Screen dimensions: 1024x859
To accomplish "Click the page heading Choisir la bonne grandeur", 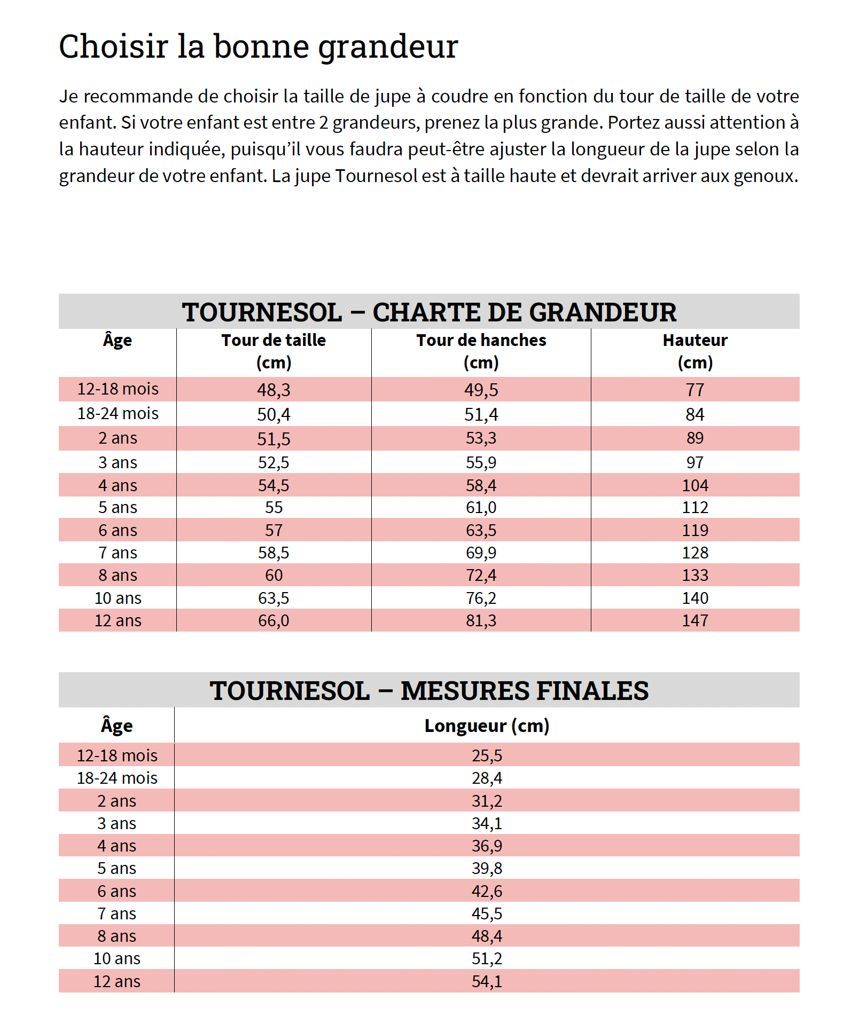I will (259, 46).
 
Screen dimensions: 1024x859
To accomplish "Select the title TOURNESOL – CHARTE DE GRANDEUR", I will (429, 312).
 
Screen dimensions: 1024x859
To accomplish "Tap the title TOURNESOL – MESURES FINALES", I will (429, 690).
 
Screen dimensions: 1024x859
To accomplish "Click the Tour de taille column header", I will (274, 351).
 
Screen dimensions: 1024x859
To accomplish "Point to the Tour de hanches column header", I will (481, 351).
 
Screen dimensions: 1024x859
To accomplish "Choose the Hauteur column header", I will (695, 351).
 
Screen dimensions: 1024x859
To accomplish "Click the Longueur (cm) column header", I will (487, 726).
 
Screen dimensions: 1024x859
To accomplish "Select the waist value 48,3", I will (274, 390).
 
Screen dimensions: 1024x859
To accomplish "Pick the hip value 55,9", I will (481, 462).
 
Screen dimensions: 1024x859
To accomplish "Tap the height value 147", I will (695, 620).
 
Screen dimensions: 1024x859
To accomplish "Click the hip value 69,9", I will (481, 553).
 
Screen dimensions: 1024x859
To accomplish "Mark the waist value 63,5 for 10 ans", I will (274, 598).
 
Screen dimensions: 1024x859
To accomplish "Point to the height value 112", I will (695, 507).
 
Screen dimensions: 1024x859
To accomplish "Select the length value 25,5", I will (487, 755).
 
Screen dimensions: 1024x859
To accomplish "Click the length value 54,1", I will (487, 981).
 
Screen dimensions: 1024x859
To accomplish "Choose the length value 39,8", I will (487, 868).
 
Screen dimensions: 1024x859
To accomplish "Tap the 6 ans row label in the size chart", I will (118, 530).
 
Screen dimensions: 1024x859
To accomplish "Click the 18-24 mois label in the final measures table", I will (117, 778).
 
